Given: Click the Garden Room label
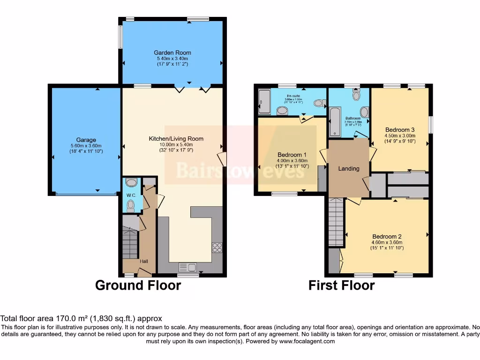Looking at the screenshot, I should coord(172,52).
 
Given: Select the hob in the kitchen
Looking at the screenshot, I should coord(217,247).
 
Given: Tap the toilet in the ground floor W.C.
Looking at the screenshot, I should coord(131,205).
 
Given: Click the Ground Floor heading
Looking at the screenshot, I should coord(138,285).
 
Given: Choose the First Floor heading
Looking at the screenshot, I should coord(341,285).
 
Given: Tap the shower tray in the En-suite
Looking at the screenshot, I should coord(263,101).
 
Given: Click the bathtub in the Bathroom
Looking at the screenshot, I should coord(335,122).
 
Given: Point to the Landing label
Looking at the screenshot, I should coord(349,169).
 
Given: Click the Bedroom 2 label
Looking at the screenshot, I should coord(387,236).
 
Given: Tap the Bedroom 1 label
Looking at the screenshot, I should coord(292,155).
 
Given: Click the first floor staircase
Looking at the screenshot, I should coord(336,221).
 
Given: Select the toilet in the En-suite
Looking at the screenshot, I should coord(320,103).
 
